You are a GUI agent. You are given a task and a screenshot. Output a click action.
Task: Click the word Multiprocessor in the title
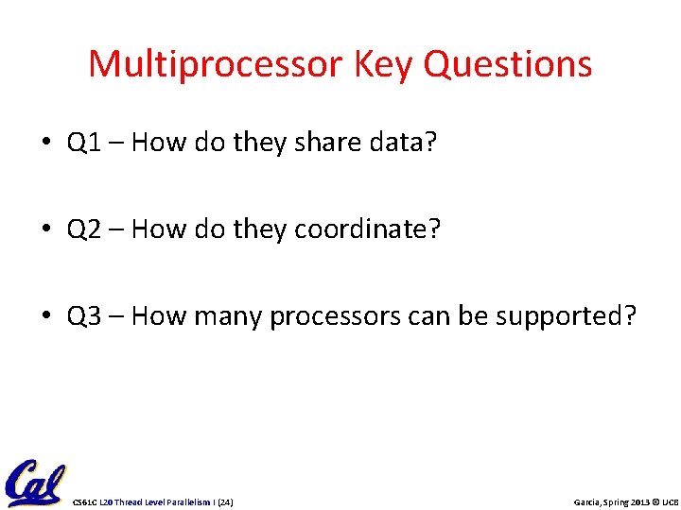click(217, 65)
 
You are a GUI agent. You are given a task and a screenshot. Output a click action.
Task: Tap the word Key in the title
click(385, 65)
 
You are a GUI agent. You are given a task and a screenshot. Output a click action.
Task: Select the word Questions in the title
click(508, 65)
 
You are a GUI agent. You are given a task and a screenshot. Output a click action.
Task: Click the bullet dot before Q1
click(46, 144)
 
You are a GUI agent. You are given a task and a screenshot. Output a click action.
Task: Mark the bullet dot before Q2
click(46, 230)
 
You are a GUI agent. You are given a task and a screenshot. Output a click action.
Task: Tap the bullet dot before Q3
click(46, 316)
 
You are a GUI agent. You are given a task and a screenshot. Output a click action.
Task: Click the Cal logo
click(34, 484)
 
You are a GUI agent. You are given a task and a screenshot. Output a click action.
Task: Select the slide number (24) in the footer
click(225, 501)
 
